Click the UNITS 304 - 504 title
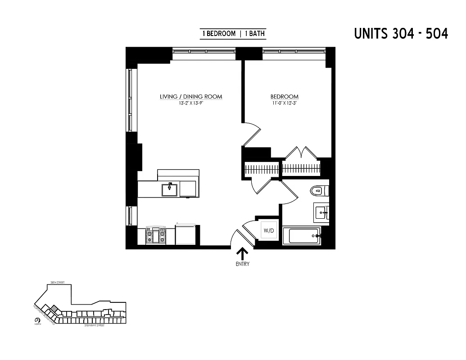point(401,34)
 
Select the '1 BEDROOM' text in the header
point(219,34)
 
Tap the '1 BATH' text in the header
point(255,34)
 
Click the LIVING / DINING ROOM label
point(191,97)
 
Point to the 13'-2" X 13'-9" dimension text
point(191,103)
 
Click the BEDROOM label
point(284,97)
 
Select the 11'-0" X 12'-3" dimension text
point(284,103)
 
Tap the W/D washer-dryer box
point(268,230)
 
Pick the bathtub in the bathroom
point(301,236)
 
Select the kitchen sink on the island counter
point(170,189)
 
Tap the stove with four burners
point(156,235)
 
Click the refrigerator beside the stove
point(185,234)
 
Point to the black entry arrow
point(242,253)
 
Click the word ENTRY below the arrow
point(242,264)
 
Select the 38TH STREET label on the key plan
point(58,283)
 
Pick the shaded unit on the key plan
point(54,308)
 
